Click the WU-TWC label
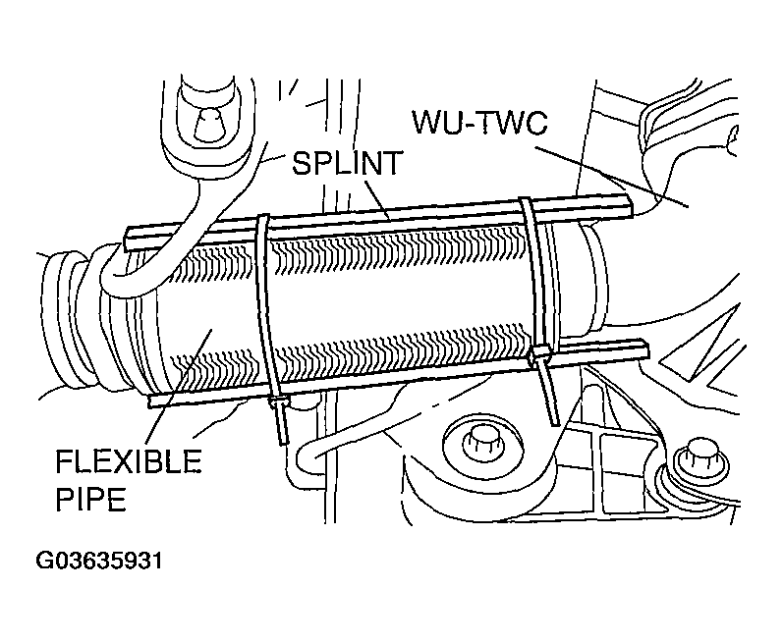(479, 122)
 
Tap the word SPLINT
(347, 163)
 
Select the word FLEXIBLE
(129, 461)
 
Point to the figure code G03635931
(99, 561)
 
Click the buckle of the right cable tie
(540, 354)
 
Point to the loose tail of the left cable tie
(282, 424)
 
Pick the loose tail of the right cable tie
(549, 394)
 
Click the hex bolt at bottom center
(480, 442)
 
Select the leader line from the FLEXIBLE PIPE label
(179, 386)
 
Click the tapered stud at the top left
(208, 124)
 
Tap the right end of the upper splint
(631, 205)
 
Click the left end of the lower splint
(151, 402)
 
